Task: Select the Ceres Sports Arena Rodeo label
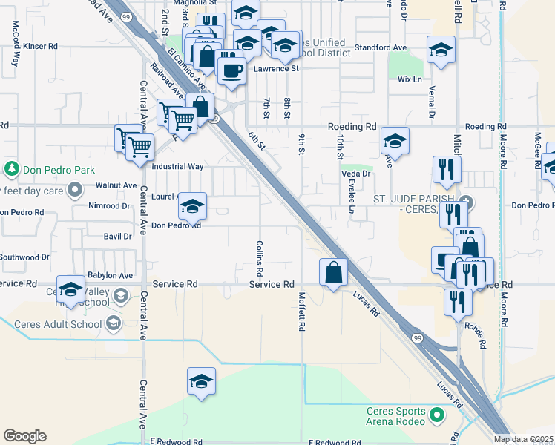point(396,416)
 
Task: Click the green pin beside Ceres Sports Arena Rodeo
point(437,415)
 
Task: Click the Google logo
point(24,436)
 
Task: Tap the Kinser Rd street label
point(40,46)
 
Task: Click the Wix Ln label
point(410,79)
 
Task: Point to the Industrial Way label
point(177,167)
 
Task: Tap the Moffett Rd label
point(302,311)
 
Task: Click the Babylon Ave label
point(110,275)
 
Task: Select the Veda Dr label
point(355,174)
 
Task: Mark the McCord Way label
point(15,44)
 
